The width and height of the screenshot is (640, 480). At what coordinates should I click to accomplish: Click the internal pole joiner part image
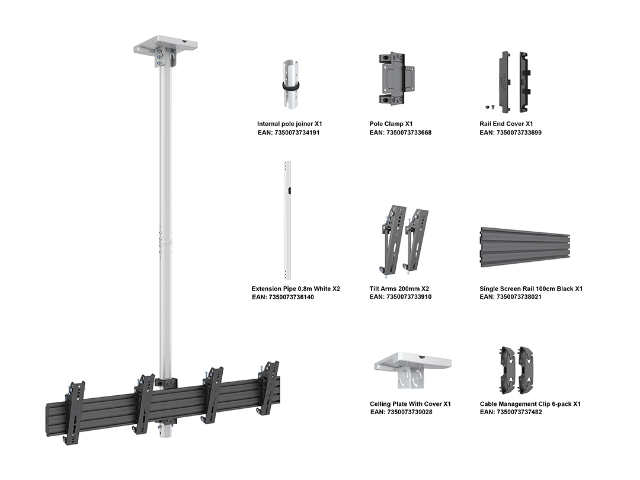click(290, 84)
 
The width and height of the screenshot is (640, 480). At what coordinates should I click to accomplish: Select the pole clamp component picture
click(396, 80)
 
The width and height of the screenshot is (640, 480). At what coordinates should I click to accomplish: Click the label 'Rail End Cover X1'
click(507, 124)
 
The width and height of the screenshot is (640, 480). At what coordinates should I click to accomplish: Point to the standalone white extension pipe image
click(287, 219)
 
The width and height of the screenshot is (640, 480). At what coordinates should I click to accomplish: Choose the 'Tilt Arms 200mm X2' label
click(399, 289)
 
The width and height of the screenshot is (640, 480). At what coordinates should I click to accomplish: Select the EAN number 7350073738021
click(510, 297)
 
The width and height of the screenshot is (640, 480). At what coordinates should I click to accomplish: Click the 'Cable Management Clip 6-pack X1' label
click(530, 404)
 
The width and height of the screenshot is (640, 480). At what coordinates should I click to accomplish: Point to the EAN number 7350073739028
click(401, 412)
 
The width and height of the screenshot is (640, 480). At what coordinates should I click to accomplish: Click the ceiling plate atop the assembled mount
click(165, 47)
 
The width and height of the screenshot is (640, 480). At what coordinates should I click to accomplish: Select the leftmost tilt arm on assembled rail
click(73, 412)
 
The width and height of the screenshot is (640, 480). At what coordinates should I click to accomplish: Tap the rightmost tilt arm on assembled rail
click(268, 387)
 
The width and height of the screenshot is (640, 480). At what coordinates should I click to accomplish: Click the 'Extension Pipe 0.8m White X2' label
click(296, 289)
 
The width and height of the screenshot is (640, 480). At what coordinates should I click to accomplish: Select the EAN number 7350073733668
click(401, 133)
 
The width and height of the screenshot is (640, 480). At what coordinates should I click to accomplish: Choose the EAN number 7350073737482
click(511, 412)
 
